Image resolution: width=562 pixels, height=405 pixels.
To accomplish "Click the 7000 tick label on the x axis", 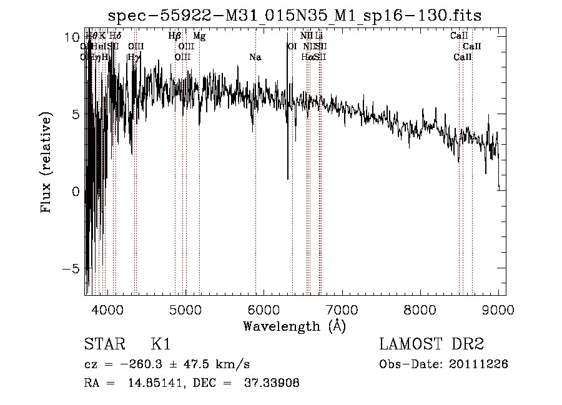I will [x=342, y=309].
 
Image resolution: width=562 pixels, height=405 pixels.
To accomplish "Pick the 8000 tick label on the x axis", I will [x=420, y=309].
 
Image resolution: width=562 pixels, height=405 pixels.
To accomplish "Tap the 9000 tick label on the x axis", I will [x=498, y=309].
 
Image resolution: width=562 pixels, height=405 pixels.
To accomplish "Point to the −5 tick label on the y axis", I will [x=71, y=269].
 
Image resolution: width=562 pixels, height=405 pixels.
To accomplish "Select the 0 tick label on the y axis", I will [x=75, y=192].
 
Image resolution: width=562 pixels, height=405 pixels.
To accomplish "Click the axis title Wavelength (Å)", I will [x=294, y=326].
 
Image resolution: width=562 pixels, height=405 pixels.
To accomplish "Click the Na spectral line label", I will [x=255, y=57].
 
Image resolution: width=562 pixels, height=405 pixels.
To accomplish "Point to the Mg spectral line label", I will [x=199, y=36].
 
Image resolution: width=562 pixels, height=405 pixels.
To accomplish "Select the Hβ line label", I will [x=175, y=36].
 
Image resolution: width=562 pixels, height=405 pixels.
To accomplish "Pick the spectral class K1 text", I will [x=160, y=344].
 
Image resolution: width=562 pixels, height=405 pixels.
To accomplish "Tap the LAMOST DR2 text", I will [x=431, y=344].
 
